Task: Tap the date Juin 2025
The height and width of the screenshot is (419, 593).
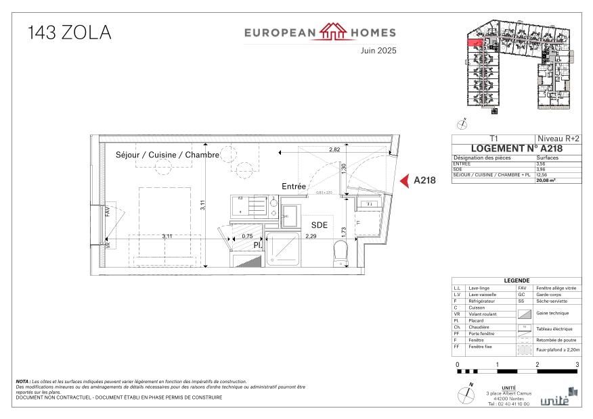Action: [378, 51]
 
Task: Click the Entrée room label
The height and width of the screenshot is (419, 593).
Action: [294, 186]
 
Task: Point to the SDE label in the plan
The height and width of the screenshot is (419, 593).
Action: [320, 225]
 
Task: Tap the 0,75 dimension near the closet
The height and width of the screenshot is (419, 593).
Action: [248, 237]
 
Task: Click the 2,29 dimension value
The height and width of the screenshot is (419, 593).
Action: [311, 237]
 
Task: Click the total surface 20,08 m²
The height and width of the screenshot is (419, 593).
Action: [546, 180]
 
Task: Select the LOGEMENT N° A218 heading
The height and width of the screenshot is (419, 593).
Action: [517, 149]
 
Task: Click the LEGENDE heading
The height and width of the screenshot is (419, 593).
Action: [517, 281]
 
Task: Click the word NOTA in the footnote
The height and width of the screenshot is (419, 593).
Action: [22, 382]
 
